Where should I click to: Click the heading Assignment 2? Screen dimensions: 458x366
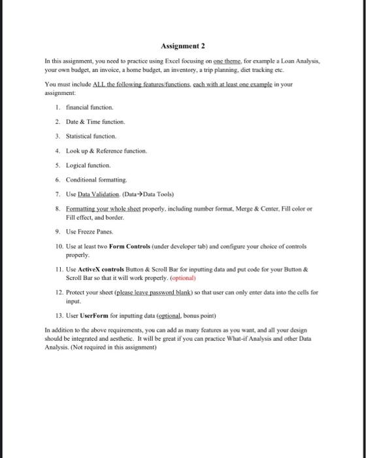point(182,46)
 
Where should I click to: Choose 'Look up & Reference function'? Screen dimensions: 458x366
point(106,150)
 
